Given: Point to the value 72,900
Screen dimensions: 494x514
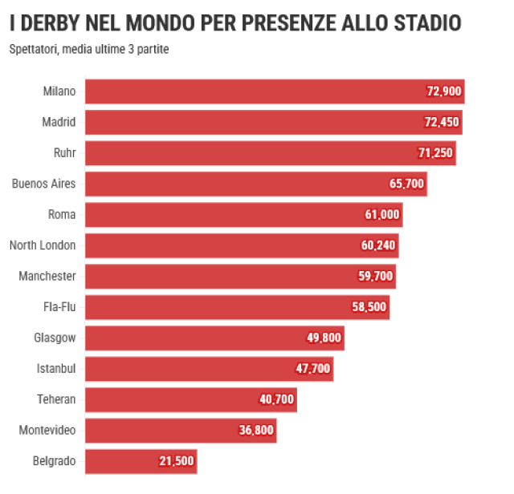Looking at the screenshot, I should coord(444,91).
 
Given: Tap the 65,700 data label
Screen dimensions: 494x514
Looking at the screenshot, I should coord(406,184).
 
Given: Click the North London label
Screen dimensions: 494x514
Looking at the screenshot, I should coord(43,245).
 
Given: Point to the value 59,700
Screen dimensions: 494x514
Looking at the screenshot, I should coord(376,277).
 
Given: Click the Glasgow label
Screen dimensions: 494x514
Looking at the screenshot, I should coord(55,338).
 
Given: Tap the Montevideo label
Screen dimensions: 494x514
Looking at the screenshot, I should coord(47,431).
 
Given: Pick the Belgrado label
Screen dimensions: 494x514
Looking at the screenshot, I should coord(54,461).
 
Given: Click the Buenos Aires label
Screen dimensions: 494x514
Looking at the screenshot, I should coord(43,184).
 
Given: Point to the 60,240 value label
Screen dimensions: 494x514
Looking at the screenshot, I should coord(377,245).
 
